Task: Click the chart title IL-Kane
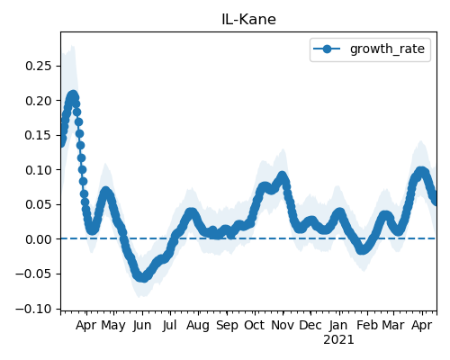click(248, 20)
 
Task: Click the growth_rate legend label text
click(387, 49)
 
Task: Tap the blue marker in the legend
click(327, 49)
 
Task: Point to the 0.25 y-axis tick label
click(39, 66)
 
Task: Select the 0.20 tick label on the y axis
click(39, 101)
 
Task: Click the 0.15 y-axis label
click(39, 135)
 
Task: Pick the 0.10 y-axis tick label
click(39, 170)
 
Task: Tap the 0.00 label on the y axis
click(39, 239)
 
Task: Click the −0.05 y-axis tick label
click(34, 274)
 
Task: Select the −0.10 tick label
click(34, 309)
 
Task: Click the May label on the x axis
click(113, 326)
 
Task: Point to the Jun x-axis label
click(142, 326)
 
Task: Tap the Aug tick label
click(198, 326)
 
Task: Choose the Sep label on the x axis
click(227, 326)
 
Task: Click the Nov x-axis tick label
click(283, 326)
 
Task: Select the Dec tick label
click(310, 326)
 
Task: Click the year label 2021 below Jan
click(338, 340)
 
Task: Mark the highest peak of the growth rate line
click(73, 95)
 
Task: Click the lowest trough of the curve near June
click(144, 277)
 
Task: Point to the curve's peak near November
click(282, 175)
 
